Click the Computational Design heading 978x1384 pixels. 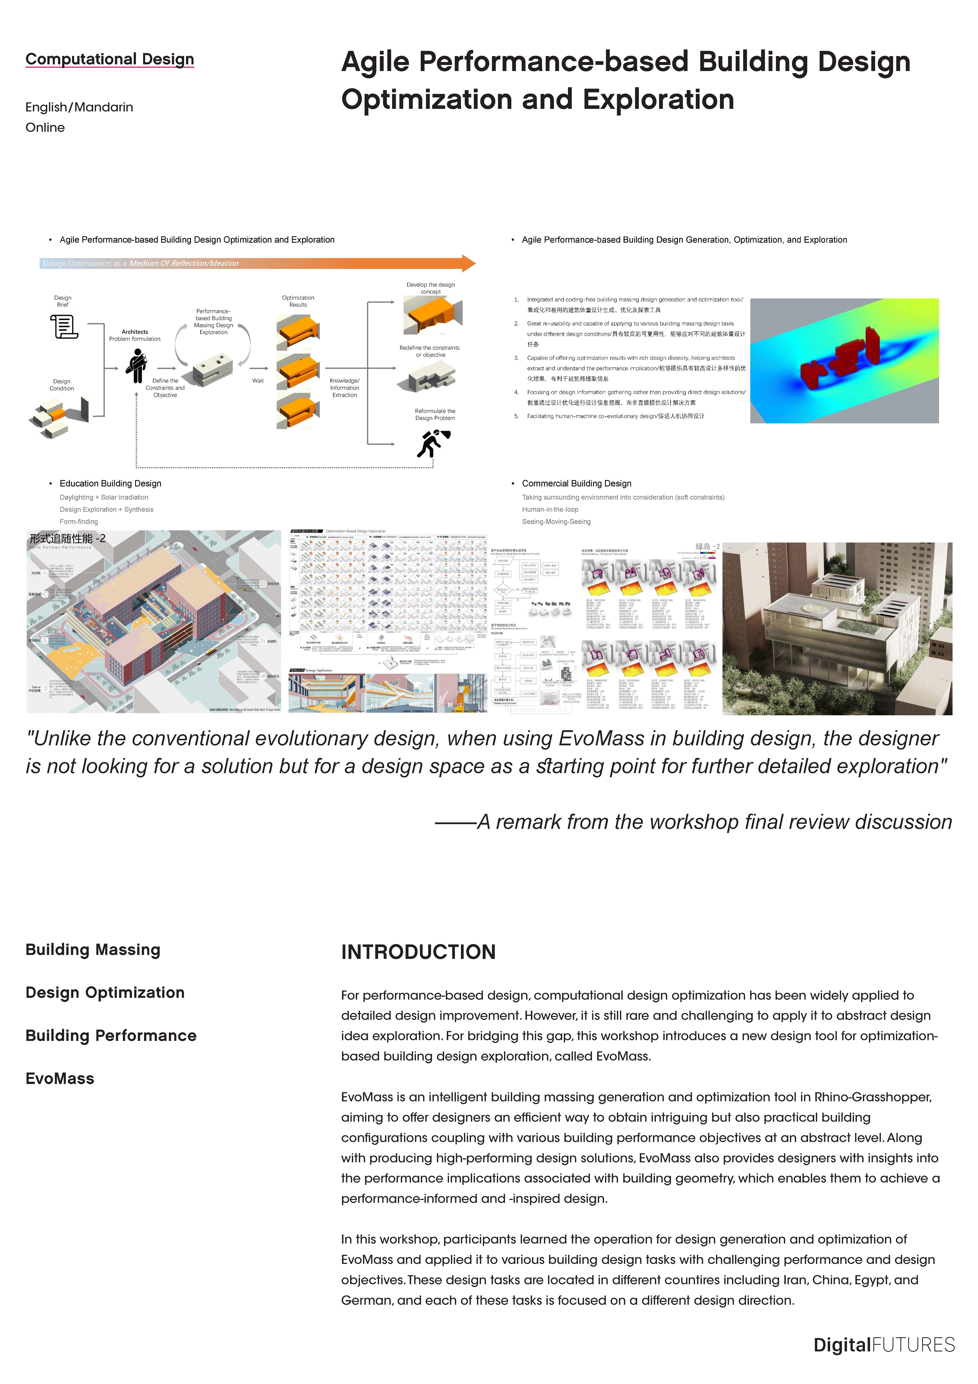[110, 59]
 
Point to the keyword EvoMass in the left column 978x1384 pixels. [60, 1078]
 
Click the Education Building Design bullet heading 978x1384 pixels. [110, 483]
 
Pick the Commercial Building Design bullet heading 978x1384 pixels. [576, 483]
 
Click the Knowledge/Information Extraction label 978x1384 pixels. [344, 388]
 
